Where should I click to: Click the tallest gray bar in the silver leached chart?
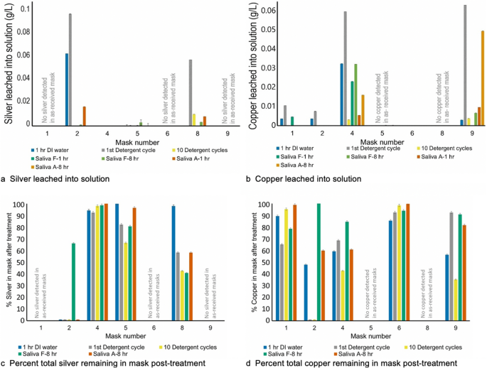(70, 70)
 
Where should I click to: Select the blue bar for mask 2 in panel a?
(67, 90)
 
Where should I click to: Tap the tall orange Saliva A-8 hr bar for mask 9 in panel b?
(483, 78)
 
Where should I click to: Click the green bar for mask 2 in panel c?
(74, 282)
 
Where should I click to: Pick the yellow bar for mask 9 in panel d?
(456, 300)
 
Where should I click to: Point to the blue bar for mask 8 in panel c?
(173, 263)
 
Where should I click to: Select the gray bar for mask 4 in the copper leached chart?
(345, 68)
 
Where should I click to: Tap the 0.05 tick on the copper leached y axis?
(269, 30)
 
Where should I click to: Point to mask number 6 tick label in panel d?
(399, 328)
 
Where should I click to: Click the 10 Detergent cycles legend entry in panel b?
(444, 148)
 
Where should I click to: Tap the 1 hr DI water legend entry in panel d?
(283, 347)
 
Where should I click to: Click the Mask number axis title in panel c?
(125, 336)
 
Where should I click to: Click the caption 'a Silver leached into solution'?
(55, 179)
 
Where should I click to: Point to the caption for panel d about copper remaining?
(352, 363)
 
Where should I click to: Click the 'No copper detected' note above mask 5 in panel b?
(382, 97)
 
